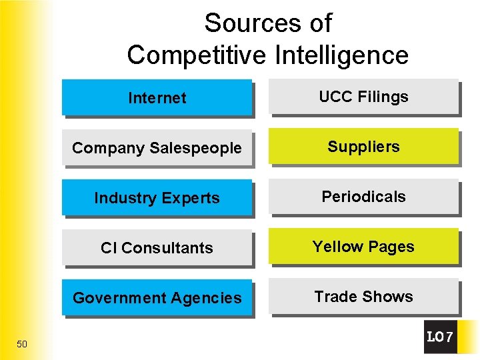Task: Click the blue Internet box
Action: (x=157, y=98)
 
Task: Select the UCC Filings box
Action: (x=363, y=97)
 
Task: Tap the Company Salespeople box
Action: (x=157, y=148)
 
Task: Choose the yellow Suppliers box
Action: (x=363, y=147)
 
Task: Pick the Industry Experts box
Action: (x=157, y=198)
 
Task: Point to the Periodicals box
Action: (x=363, y=197)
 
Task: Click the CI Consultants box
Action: (x=157, y=248)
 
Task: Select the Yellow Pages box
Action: (x=363, y=247)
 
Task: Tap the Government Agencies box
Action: (x=157, y=298)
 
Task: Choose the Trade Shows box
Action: (x=363, y=297)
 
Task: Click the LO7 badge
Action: (x=440, y=337)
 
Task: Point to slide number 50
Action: (x=22, y=344)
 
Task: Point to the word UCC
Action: (x=335, y=97)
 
